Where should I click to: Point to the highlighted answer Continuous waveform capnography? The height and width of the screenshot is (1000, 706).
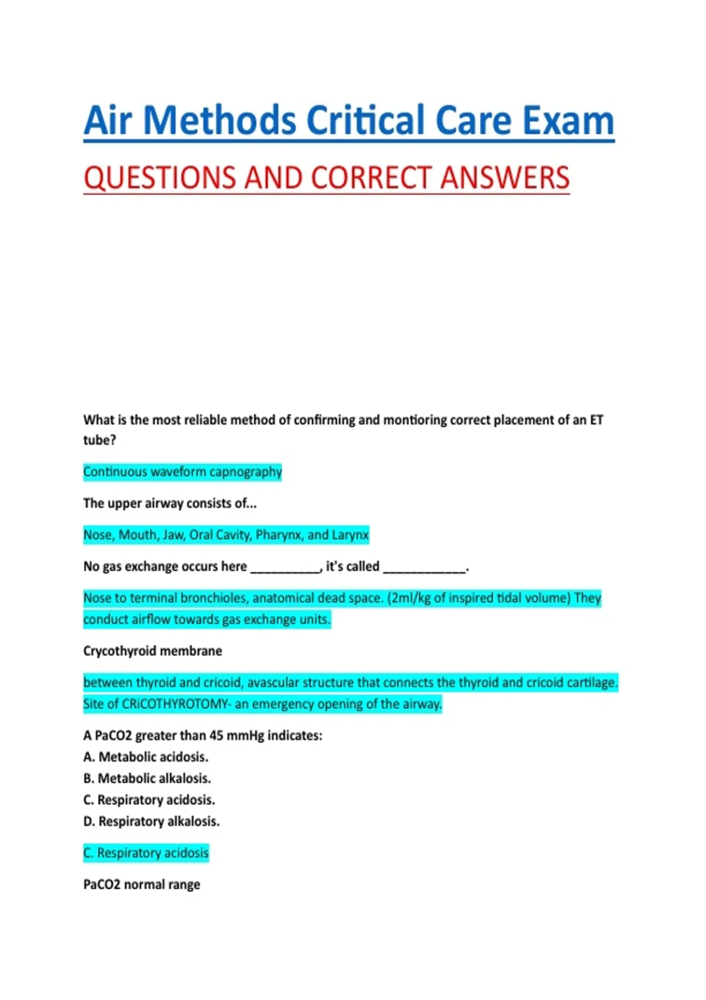click(182, 472)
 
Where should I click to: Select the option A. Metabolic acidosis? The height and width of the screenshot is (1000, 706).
click(146, 757)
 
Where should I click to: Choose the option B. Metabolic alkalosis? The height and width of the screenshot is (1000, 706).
click(147, 778)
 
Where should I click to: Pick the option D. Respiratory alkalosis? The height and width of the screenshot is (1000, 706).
click(151, 821)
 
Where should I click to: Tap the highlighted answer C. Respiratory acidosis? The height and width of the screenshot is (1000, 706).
click(146, 853)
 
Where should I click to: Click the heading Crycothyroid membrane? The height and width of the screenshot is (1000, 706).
click(152, 651)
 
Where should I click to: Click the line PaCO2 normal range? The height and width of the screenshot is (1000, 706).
click(142, 885)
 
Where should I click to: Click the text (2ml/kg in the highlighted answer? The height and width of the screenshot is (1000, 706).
click(409, 598)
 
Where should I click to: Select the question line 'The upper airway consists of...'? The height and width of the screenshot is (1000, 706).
click(170, 504)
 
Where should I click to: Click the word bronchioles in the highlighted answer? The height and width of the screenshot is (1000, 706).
click(214, 598)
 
